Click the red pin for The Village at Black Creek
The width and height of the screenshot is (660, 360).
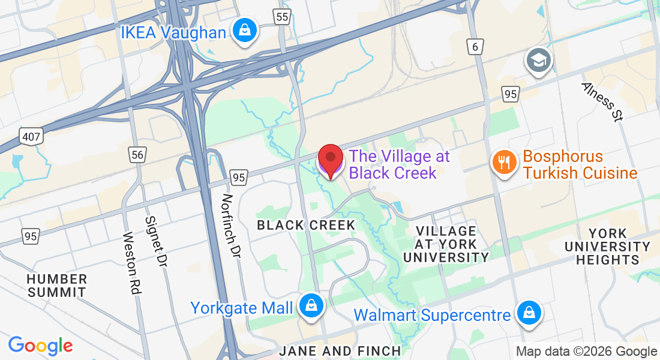point(330,159)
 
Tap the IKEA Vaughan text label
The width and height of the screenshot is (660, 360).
point(173,32)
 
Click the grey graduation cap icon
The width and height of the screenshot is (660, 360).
point(538,60)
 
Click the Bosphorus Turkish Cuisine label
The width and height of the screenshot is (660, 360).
point(579,165)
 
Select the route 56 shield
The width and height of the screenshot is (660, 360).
point(138,155)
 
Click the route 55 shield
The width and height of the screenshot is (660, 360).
point(282,16)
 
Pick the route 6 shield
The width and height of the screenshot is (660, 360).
point(476,47)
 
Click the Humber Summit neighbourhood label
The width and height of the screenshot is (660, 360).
point(58,286)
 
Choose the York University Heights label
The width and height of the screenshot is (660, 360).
point(607,247)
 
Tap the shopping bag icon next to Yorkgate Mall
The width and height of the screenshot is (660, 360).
point(311,305)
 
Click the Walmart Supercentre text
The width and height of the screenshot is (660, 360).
point(432,315)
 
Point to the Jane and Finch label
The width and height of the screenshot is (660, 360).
point(340,351)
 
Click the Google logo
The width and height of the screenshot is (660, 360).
point(40,345)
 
